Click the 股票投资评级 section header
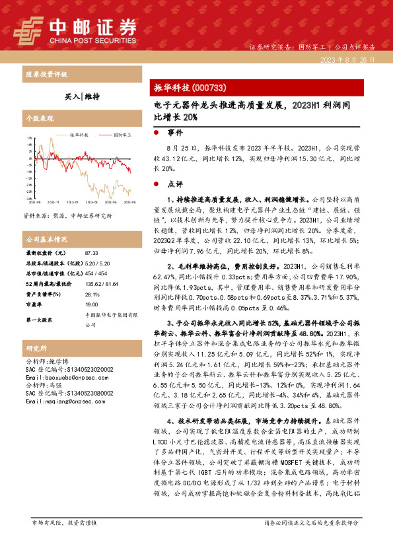46,74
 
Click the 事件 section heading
176,133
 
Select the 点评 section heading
176,184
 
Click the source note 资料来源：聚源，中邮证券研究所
67,216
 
